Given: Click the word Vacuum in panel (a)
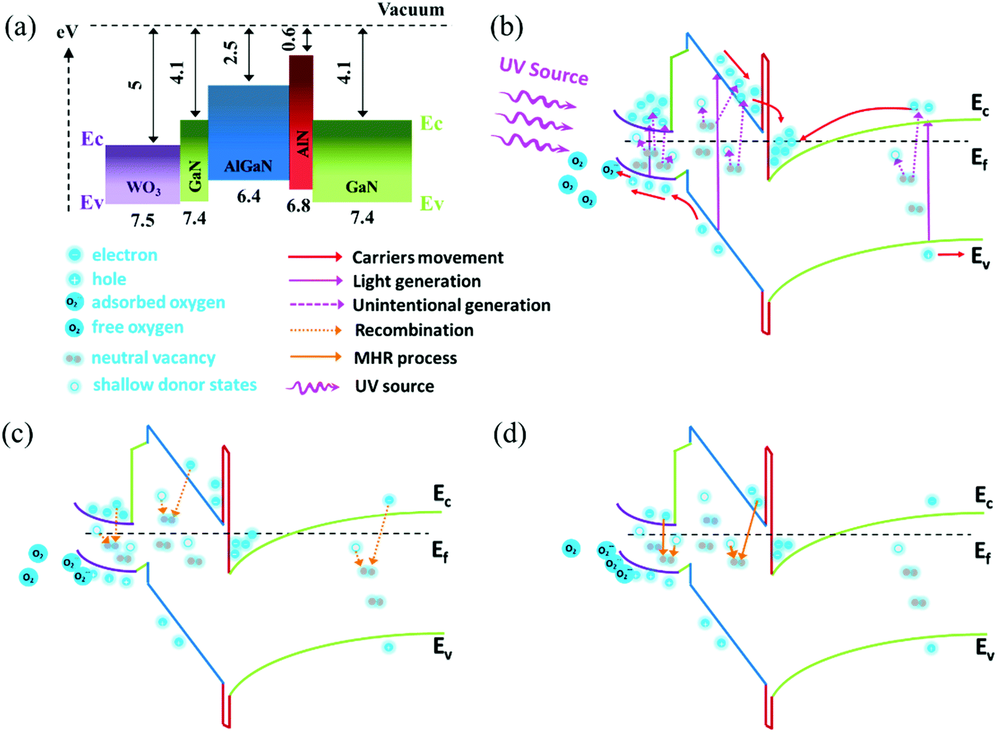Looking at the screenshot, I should point(411,9).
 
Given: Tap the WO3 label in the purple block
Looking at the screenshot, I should point(143,188).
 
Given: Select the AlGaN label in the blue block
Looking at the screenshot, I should point(248,166).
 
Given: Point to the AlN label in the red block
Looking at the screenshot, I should point(302,144).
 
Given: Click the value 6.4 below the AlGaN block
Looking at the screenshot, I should point(248,196).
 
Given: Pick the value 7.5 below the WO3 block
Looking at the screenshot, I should point(142,220).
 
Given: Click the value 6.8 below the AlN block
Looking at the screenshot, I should point(298,206).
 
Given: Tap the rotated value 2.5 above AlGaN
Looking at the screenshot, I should point(231,53).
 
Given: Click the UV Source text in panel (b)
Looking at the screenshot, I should point(544,71).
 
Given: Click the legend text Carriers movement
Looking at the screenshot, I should point(428,257).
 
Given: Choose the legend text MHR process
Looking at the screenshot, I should point(405,358).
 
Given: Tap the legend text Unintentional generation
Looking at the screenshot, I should point(451,305).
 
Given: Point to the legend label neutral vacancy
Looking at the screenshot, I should point(153,358).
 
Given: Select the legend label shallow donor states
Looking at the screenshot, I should point(175,385).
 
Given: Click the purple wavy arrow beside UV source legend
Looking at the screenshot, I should point(312,388).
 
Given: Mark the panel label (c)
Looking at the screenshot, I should point(18,435).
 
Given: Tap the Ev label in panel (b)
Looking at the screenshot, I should point(980,257).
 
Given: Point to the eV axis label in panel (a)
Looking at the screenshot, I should point(67,31).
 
